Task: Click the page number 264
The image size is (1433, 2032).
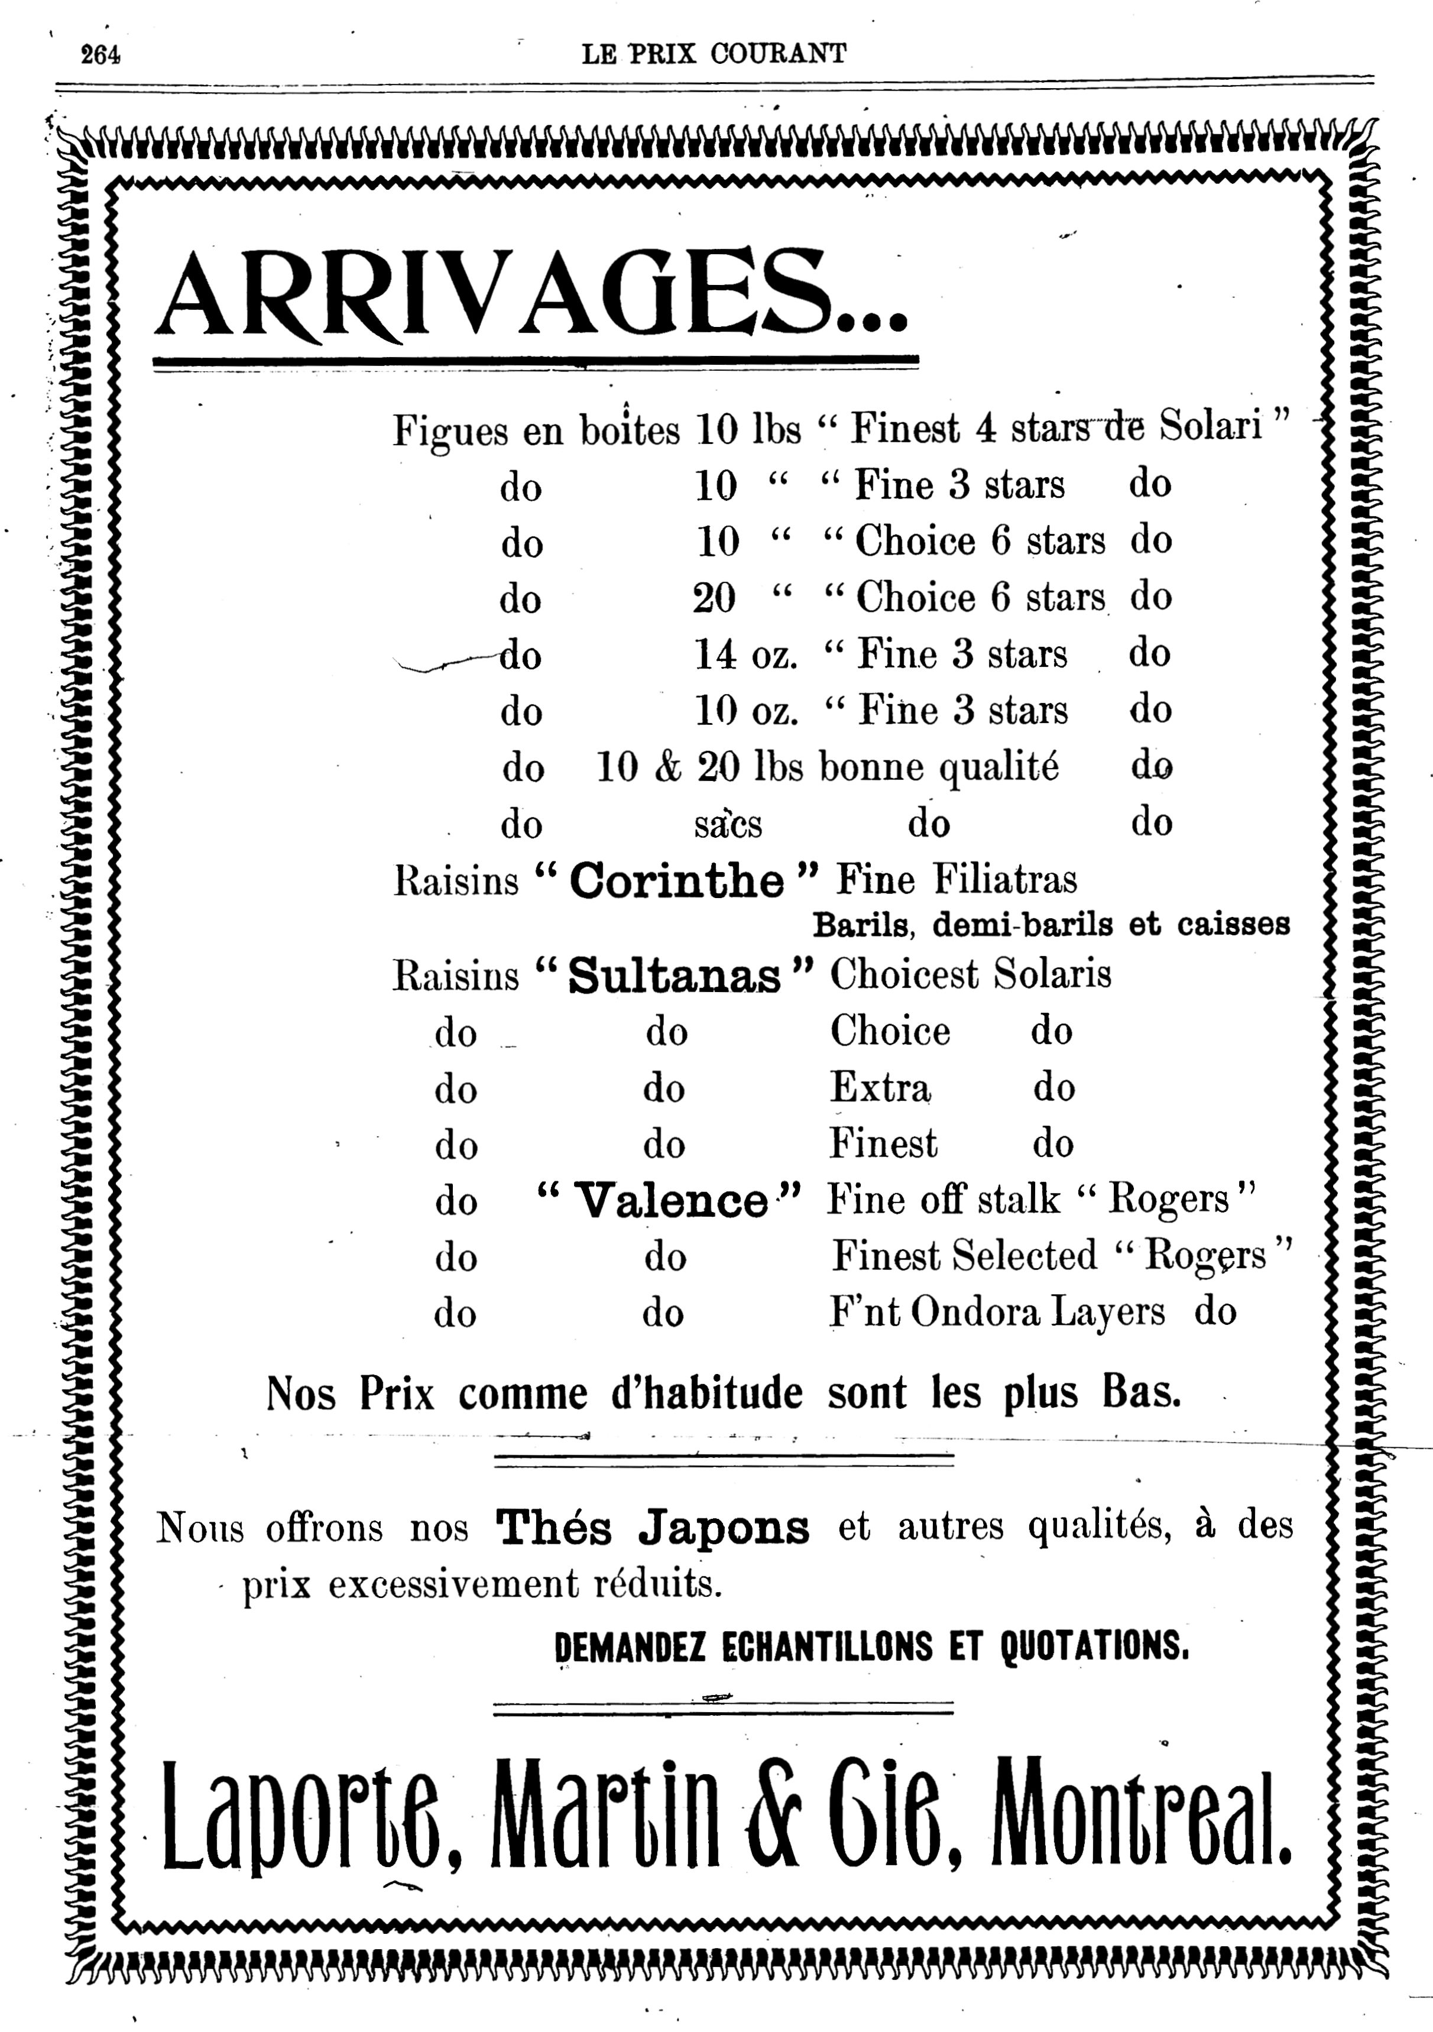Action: click(x=100, y=55)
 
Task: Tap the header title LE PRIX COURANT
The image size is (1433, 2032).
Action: click(x=714, y=54)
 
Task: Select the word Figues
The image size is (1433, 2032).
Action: click(x=450, y=431)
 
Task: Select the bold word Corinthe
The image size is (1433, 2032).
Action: click(x=676, y=880)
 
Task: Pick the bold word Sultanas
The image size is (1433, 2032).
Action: click(x=675, y=976)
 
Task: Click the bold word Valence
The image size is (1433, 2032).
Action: click(x=670, y=1201)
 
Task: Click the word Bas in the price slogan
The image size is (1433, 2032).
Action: click(x=1142, y=1393)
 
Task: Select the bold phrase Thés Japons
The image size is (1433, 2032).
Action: click(x=652, y=1527)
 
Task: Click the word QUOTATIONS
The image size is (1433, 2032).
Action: click(x=1094, y=1646)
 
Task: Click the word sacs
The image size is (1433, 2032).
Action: click(x=728, y=825)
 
